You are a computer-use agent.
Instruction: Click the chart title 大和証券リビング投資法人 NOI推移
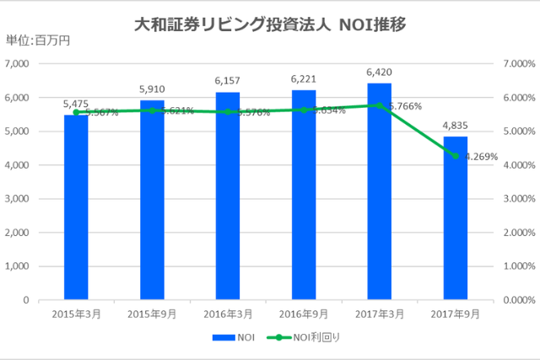pos(270,24)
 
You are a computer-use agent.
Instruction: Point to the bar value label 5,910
pos(152,89)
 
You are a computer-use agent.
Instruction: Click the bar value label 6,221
pos(304,78)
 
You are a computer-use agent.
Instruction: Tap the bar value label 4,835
pos(456,125)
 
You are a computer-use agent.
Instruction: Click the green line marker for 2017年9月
pos(456,156)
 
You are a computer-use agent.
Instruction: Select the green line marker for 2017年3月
pos(380,105)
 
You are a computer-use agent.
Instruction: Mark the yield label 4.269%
pos(479,156)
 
